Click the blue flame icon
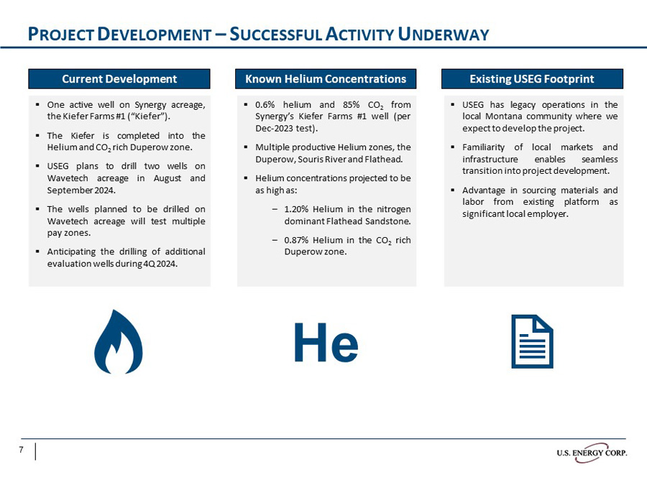(119, 343)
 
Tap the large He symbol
(326, 344)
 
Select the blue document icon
(532, 341)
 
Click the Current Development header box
(119, 79)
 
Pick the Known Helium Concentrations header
(326, 79)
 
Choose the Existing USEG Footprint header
(532, 79)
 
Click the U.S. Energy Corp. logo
(591, 452)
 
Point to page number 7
(22, 451)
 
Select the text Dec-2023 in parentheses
(274, 129)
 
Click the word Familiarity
(486, 147)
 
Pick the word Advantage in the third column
(486, 190)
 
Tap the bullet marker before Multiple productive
(247, 147)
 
